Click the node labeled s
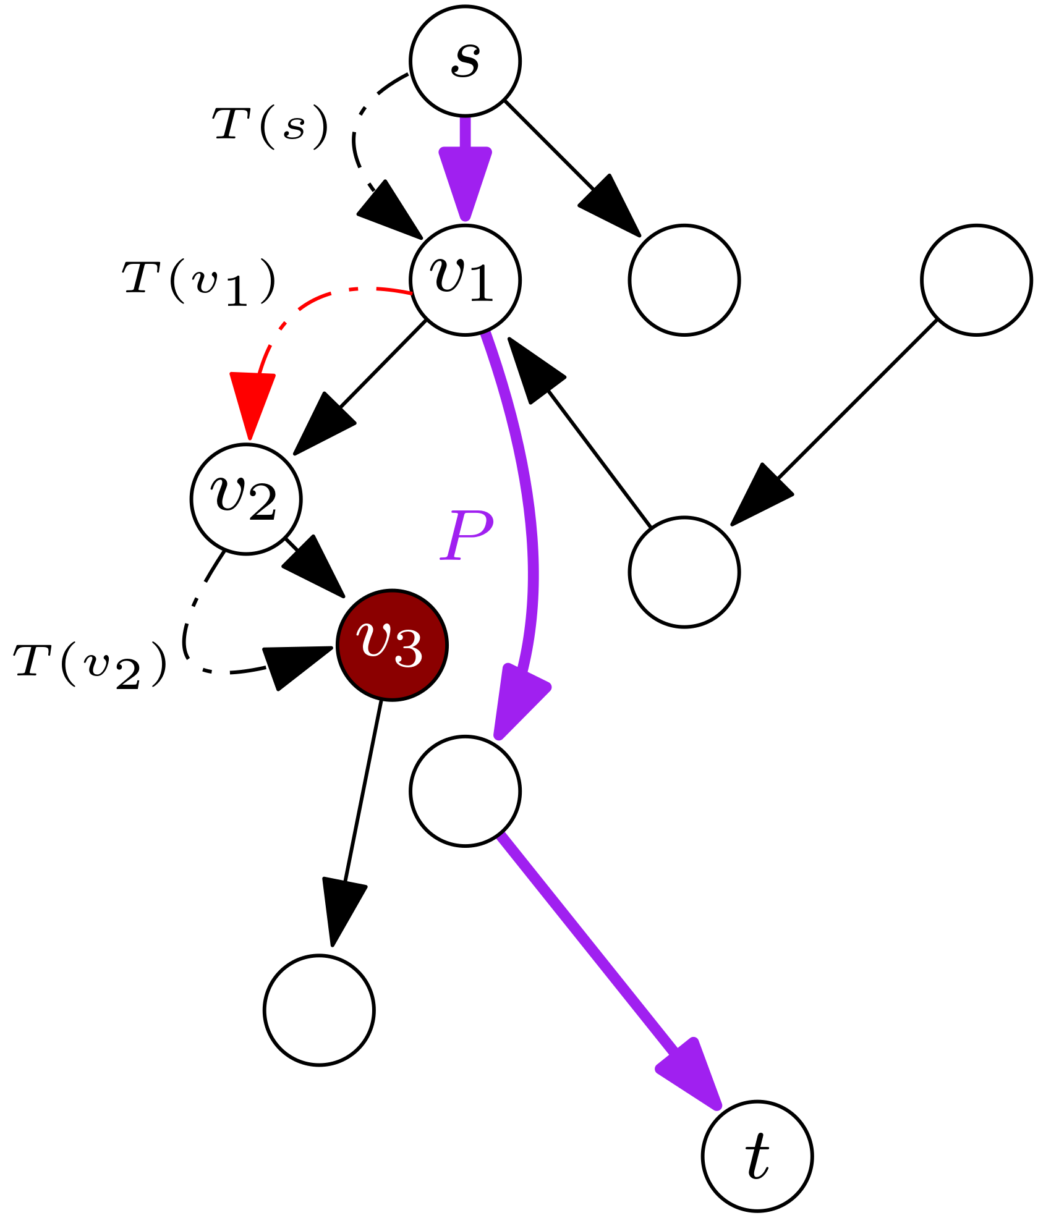465,61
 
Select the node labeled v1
465,280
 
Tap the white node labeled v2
246,499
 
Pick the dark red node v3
392,645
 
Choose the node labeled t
757,1156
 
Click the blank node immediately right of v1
684,280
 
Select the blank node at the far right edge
976,280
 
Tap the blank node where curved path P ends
465,791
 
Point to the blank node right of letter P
684,572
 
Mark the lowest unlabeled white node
319,1010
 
